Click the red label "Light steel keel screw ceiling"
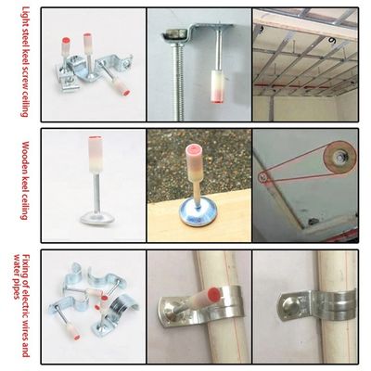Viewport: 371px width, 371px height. coord(25,62)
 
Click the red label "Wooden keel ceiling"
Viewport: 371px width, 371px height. coord(25,181)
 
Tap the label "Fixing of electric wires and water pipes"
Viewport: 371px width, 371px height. coord(21,305)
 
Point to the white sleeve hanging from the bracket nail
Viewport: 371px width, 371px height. coord(217,86)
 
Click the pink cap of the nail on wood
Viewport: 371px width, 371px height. coord(194,150)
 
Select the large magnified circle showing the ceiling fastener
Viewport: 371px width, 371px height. coord(339,159)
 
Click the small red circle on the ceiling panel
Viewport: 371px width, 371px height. coord(262,177)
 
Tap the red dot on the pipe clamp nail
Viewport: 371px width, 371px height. coord(214,294)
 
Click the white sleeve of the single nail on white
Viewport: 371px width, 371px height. coord(96,155)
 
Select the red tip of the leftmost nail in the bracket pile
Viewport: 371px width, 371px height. coord(66,41)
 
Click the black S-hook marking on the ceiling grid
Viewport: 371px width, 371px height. coord(333,40)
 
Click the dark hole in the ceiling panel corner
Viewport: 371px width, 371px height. coord(313,222)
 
